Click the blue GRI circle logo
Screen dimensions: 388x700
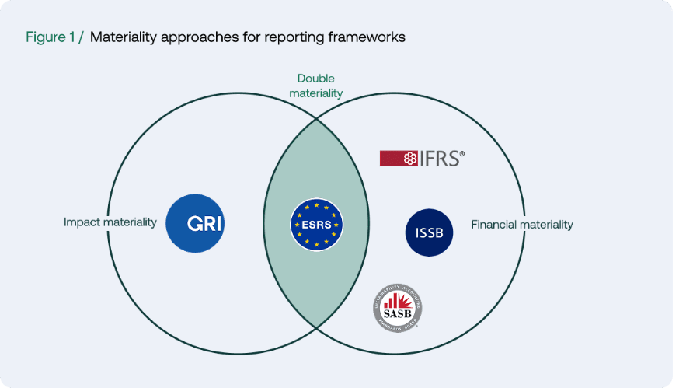tap(194, 224)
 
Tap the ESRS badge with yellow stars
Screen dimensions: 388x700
tap(316, 224)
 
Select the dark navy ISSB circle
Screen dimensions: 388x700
tap(429, 232)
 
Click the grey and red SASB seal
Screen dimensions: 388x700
tap(397, 307)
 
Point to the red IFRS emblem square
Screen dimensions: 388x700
tap(410, 159)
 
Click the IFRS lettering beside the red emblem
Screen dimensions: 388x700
tap(441, 159)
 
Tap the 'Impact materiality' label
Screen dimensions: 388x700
tap(110, 222)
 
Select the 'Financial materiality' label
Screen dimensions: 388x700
tap(522, 225)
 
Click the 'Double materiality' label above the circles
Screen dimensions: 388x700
tap(315, 86)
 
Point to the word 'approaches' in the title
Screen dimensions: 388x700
tap(190, 37)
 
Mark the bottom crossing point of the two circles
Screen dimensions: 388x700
tap(316, 327)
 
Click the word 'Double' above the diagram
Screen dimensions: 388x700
tap(316, 79)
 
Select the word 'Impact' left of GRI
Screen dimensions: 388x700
tap(81, 222)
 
